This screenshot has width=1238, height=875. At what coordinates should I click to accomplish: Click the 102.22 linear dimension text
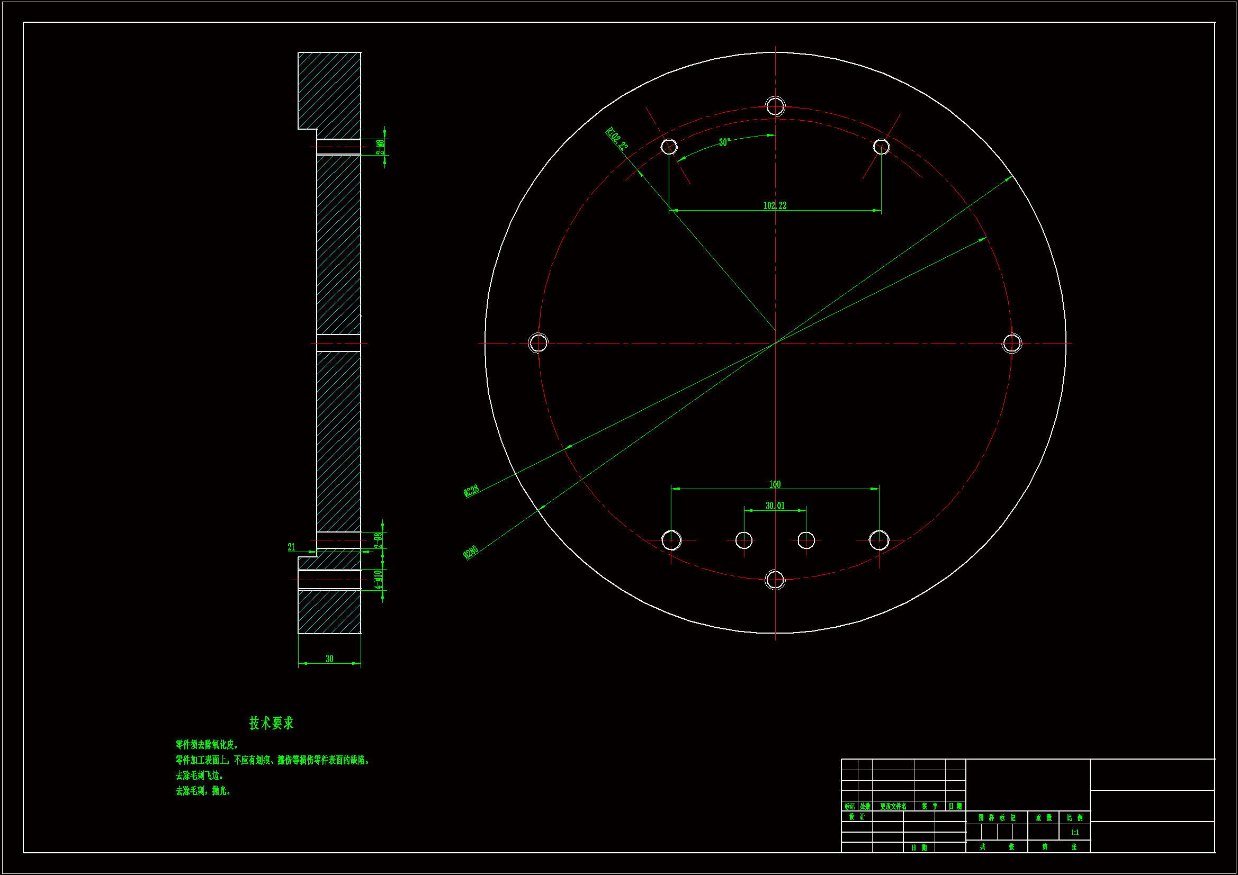(775, 205)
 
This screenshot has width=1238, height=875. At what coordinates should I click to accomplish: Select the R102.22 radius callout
(617, 139)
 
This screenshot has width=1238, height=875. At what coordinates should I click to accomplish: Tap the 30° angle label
(724, 142)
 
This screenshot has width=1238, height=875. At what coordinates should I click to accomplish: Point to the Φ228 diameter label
(471, 491)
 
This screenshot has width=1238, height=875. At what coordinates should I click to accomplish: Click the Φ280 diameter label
(471, 553)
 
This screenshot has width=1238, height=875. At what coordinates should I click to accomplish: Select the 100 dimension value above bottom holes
(775, 484)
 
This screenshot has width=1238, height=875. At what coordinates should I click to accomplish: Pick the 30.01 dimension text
(775, 506)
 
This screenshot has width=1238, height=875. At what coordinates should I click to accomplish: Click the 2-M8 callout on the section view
(380, 147)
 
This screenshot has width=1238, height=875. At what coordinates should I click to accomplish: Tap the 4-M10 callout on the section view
(379, 580)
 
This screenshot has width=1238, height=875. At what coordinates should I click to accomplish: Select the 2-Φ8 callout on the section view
(379, 540)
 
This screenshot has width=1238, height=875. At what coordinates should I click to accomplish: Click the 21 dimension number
(292, 547)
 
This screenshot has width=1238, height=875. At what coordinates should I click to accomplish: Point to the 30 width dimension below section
(329, 659)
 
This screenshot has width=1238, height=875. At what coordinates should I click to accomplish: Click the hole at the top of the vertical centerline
(775, 106)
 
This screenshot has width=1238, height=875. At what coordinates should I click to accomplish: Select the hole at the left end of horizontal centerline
(538, 343)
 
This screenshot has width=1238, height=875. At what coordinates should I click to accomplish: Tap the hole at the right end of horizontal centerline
(1012, 343)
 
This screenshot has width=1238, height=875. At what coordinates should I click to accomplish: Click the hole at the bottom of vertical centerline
(775, 580)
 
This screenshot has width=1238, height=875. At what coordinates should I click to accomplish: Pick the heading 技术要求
(271, 723)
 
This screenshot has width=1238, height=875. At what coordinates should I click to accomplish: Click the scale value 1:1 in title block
(1075, 833)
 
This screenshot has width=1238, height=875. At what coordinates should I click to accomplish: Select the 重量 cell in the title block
(1044, 818)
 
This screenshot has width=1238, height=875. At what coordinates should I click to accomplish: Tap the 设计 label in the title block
(857, 817)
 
